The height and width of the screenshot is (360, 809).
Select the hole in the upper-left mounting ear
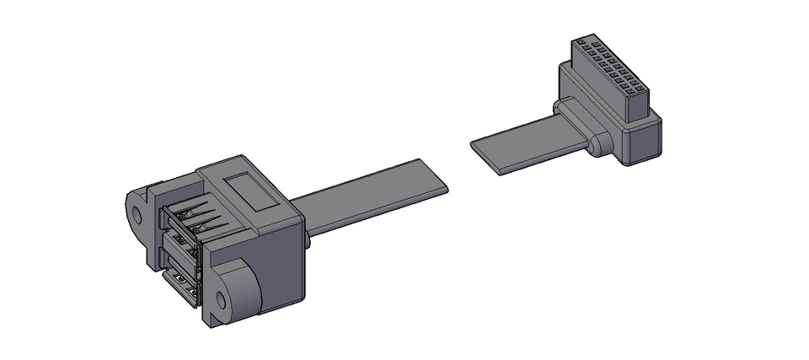(135, 212)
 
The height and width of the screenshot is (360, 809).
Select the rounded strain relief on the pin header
(599, 144)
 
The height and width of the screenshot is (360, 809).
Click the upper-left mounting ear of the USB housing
(139, 211)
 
